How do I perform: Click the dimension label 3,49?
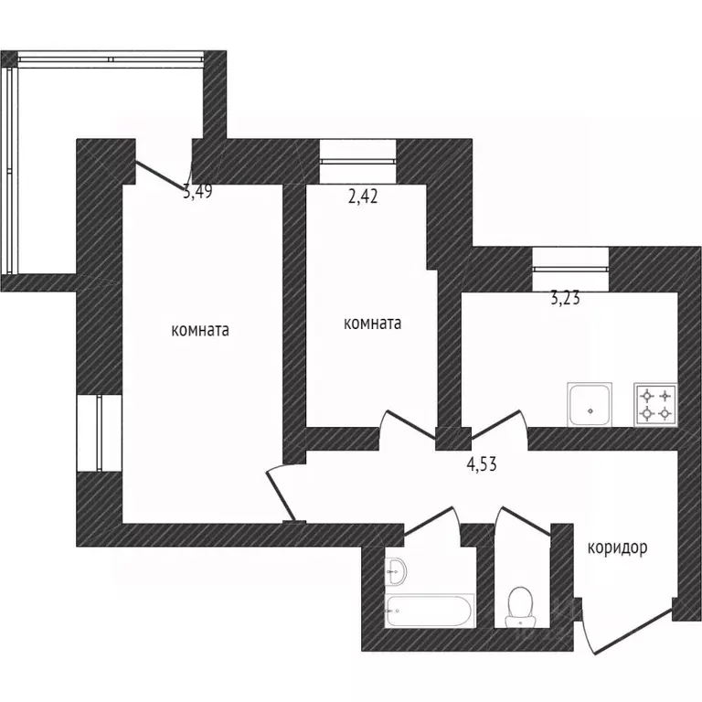(x=197, y=192)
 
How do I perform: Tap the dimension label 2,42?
(x=363, y=197)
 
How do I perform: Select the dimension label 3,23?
(x=565, y=298)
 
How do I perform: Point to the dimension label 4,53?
(x=482, y=463)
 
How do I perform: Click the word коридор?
(x=617, y=548)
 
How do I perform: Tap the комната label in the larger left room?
(x=200, y=330)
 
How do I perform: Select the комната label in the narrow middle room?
(x=372, y=324)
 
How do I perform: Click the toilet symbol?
(x=520, y=607)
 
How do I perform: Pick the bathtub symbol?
(x=429, y=611)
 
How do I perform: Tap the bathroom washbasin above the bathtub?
(x=396, y=570)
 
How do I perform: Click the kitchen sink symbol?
(x=590, y=405)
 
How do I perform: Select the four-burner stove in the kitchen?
(x=655, y=405)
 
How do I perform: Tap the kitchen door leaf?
(x=496, y=424)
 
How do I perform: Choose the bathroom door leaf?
(x=429, y=521)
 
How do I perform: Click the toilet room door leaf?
(x=526, y=521)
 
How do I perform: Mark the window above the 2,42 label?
(x=357, y=161)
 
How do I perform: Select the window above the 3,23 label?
(x=570, y=269)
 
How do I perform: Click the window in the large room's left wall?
(x=100, y=433)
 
